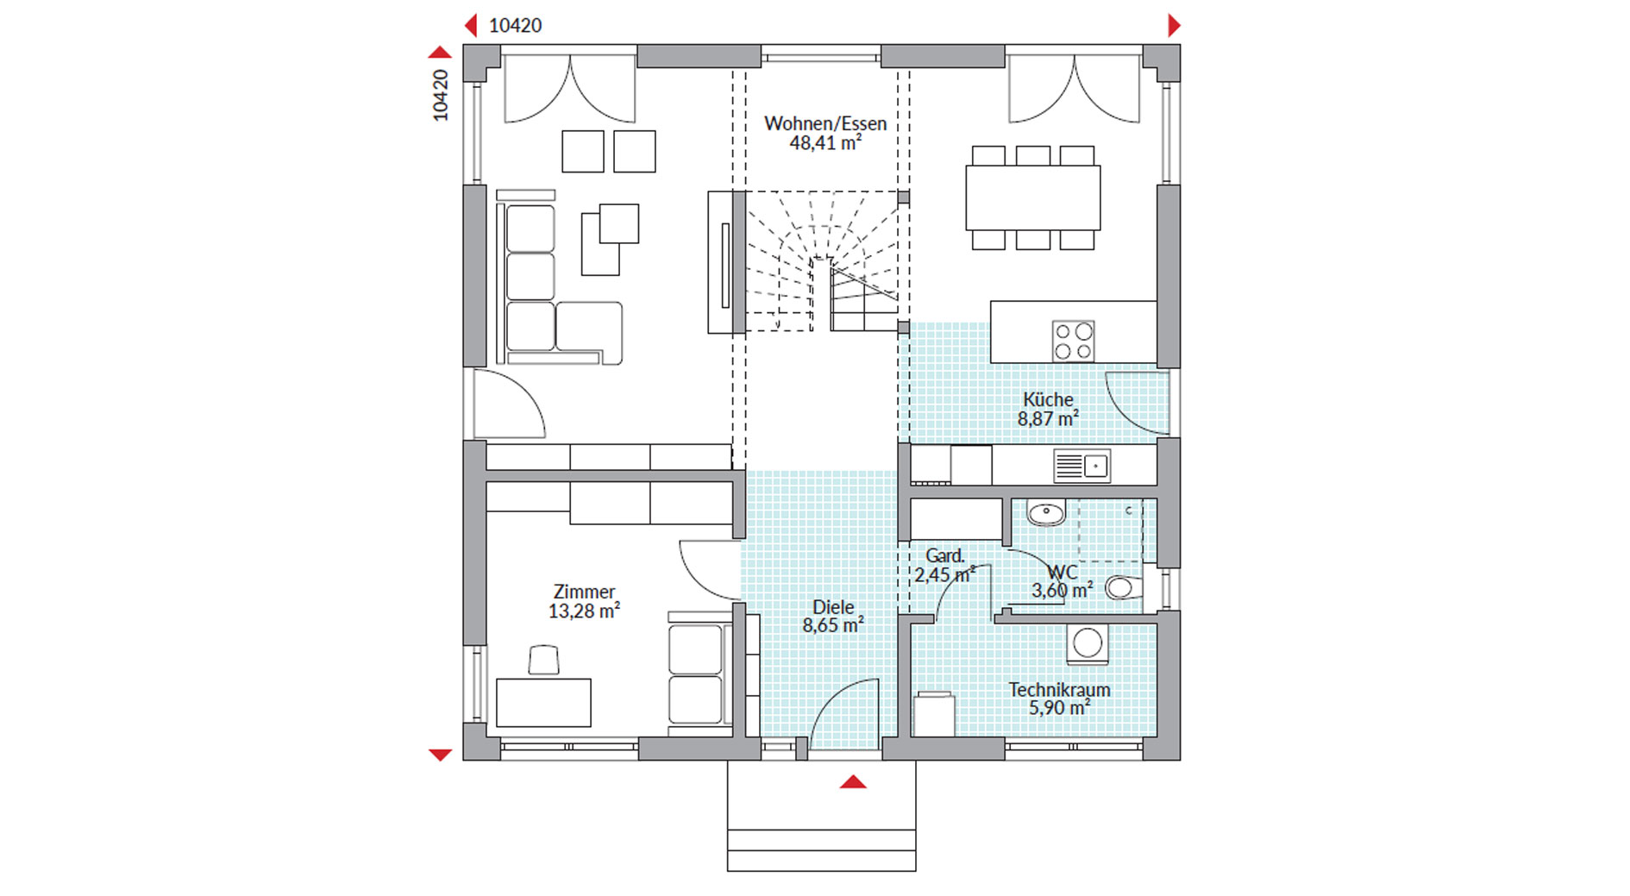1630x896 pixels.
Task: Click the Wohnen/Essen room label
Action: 825,123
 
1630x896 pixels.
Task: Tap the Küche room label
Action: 1048,399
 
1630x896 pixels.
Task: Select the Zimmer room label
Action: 584,592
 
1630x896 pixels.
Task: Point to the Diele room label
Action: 833,607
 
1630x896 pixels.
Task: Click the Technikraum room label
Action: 1059,690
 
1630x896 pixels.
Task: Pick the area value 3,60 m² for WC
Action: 1063,591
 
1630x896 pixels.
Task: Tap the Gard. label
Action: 944,556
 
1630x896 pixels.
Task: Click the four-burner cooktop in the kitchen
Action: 1074,341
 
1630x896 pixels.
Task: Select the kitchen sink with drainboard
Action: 1081,467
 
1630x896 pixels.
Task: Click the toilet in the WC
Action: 1124,588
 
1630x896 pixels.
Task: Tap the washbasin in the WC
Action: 1046,513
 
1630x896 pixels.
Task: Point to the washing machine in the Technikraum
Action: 1087,643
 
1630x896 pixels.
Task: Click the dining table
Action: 1032,197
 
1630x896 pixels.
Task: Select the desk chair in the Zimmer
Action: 543,660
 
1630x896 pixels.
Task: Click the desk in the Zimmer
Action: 543,702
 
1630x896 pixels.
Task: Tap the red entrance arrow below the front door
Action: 853,782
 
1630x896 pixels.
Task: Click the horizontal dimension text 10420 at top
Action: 515,26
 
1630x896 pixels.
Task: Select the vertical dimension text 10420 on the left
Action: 441,95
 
